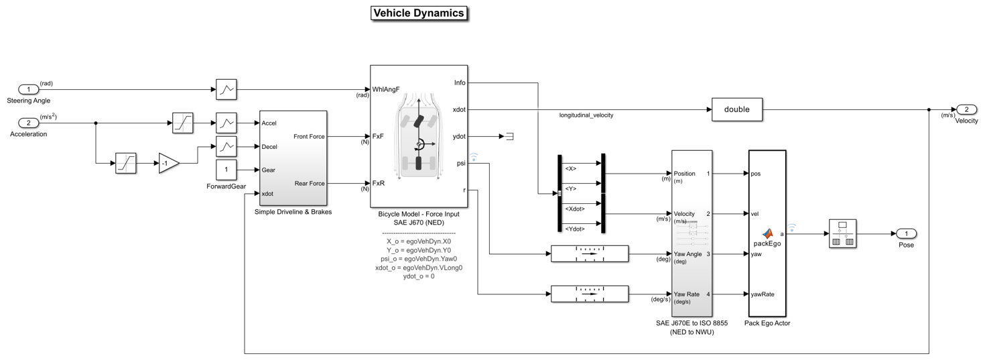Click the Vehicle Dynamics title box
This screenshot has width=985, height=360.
(x=418, y=13)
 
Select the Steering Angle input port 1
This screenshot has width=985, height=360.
(x=28, y=89)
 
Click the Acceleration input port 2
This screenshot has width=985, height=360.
(x=28, y=123)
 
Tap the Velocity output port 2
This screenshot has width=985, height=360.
(x=966, y=109)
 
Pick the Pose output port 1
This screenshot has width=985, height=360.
(x=906, y=233)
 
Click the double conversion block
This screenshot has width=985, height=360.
(x=736, y=109)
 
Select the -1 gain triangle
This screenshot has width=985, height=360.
(x=168, y=163)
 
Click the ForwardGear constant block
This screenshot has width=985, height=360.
(x=226, y=170)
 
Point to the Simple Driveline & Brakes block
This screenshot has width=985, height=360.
(x=293, y=158)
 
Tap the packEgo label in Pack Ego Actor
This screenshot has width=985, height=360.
(x=767, y=243)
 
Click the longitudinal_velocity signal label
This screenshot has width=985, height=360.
(x=586, y=115)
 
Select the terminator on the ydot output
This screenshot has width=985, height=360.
(x=509, y=136)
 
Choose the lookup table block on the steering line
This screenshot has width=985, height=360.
(x=226, y=89)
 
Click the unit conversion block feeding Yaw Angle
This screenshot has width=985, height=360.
(x=589, y=254)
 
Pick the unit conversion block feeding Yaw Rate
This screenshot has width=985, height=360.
(x=589, y=294)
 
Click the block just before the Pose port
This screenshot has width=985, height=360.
(x=842, y=233)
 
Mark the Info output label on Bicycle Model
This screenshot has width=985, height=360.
(x=460, y=83)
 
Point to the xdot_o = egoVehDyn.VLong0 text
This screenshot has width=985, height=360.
(x=419, y=267)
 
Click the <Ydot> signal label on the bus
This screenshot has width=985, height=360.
(x=576, y=229)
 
